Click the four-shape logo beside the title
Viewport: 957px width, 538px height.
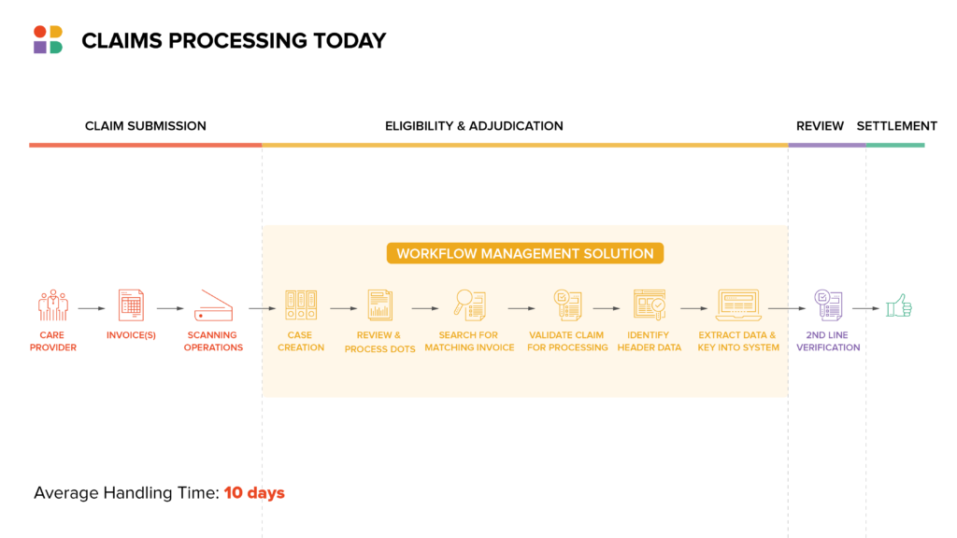pyautogui.click(x=49, y=39)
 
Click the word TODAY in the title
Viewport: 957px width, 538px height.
pyautogui.click(x=350, y=41)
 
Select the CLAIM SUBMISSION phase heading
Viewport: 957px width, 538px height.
pyautogui.click(x=145, y=126)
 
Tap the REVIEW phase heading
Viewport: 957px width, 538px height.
pyautogui.click(x=820, y=126)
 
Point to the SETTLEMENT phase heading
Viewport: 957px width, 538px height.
pyautogui.click(x=896, y=126)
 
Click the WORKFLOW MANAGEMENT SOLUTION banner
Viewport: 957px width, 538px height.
pyautogui.click(x=525, y=253)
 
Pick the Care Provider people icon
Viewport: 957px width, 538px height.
pyautogui.click(x=53, y=305)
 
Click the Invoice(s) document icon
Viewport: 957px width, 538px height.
pyautogui.click(x=131, y=305)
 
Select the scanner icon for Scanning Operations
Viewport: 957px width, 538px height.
pyautogui.click(x=213, y=305)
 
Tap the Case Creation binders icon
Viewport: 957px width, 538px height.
pyautogui.click(x=301, y=305)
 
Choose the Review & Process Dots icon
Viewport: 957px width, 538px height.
pyautogui.click(x=379, y=305)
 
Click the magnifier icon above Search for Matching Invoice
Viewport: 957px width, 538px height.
pyautogui.click(x=470, y=305)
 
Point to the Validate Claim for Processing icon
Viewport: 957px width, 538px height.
pyautogui.click(x=567, y=305)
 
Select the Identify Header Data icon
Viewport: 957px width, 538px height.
pyautogui.click(x=650, y=305)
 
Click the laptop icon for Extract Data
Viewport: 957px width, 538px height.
pyautogui.click(x=738, y=305)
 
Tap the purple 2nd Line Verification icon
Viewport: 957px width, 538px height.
pyautogui.click(x=828, y=305)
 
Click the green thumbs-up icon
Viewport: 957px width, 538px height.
pyautogui.click(x=899, y=305)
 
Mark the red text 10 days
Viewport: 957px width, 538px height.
pyautogui.click(x=254, y=493)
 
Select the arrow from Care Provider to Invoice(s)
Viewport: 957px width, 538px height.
pyautogui.click(x=92, y=308)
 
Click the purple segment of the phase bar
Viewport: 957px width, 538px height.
pyautogui.click(x=826, y=145)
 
